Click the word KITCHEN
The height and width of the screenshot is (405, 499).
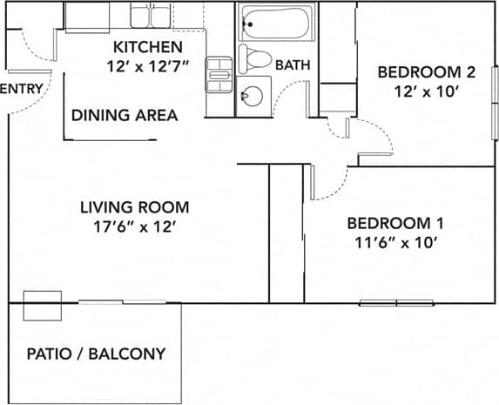point(147,46)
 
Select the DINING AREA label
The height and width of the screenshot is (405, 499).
point(125,115)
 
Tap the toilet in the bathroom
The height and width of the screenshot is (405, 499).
point(254,60)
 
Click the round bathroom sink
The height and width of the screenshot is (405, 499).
point(253,96)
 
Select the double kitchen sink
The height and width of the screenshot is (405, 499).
point(152,15)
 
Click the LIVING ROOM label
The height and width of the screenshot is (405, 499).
point(134,207)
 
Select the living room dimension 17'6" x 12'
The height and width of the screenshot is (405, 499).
point(134,226)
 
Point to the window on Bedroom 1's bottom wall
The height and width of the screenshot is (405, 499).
point(396,303)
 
